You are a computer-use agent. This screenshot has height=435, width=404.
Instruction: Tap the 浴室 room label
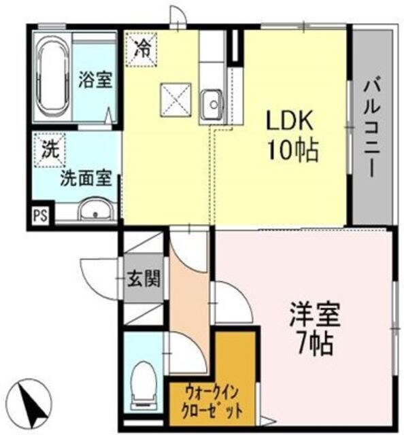[95, 80]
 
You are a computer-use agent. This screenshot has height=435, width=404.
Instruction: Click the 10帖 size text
[293, 151]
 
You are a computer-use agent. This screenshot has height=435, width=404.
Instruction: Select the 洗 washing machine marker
[49, 151]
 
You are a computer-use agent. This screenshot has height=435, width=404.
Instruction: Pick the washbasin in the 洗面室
[96, 210]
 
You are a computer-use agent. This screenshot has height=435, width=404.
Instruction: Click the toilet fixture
[144, 381]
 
